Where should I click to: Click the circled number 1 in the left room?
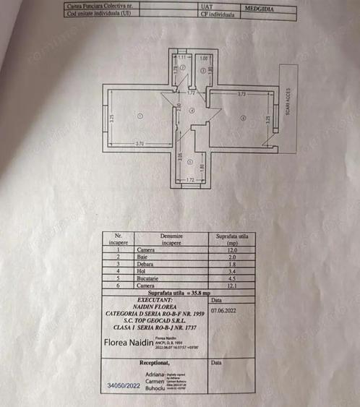[140, 115]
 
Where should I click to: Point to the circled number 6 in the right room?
[243, 119]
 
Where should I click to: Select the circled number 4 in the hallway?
[192, 110]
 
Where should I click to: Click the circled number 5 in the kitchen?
[188, 162]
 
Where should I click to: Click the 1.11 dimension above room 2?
[183, 57]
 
